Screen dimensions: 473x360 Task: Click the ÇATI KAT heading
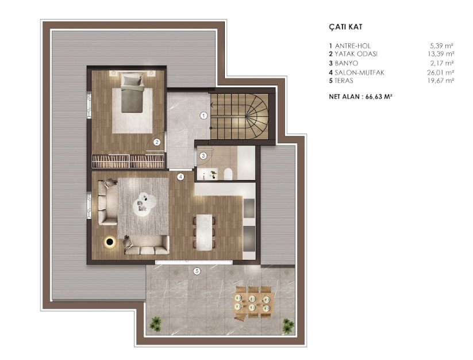[x=345, y=27]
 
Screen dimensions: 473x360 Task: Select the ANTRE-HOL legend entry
[x=350, y=46]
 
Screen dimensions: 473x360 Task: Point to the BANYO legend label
[x=344, y=63]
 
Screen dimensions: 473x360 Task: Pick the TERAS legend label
[x=341, y=81]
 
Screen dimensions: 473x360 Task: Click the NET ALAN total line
[x=360, y=97]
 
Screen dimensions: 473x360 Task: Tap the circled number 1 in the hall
[x=204, y=116]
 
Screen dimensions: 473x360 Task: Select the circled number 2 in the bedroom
[x=156, y=142]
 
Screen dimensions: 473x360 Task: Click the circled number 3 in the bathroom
[x=203, y=156]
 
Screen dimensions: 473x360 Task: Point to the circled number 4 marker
[x=180, y=177]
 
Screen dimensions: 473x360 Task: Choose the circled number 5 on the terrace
[x=197, y=271]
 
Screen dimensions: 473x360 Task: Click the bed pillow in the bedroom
[x=132, y=81]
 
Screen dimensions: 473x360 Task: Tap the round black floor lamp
[x=110, y=242]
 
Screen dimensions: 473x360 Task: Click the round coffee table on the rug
[x=144, y=204]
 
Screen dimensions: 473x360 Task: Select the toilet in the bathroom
[x=228, y=174]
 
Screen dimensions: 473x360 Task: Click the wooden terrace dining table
[x=253, y=303]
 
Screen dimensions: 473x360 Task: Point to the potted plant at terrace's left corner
[x=156, y=324]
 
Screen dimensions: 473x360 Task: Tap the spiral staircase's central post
[x=247, y=116]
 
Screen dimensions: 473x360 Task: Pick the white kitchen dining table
[x=204, y=232]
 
